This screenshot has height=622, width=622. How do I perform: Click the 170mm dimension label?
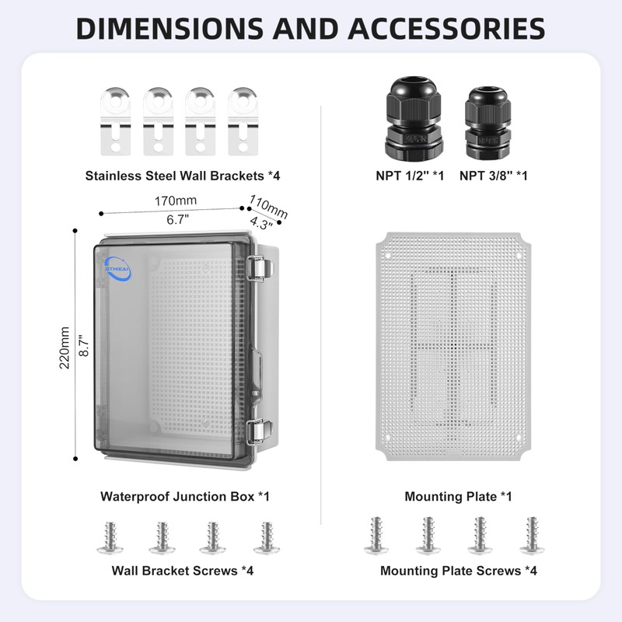175,201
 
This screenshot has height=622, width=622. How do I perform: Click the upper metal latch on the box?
260,267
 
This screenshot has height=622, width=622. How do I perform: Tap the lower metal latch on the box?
260,432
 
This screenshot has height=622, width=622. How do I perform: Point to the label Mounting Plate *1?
458,496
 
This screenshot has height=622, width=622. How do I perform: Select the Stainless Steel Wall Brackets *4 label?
183,176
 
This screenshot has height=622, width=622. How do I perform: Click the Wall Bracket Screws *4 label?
183,571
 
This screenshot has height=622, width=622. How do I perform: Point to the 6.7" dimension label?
178,220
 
